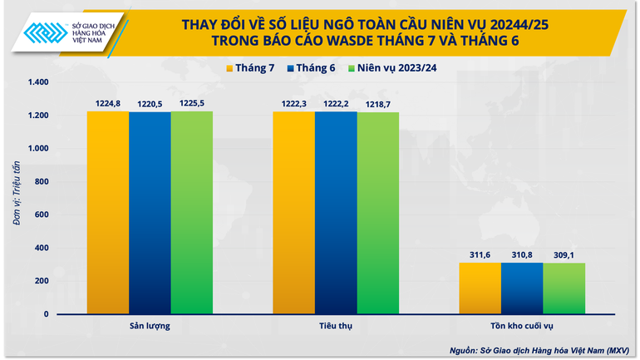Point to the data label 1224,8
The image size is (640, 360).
[x=107, y=103]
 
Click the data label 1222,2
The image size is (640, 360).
[x=336, y=103]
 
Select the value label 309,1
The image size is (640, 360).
[x=564, y=254]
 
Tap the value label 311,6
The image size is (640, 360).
[x=480, y=254]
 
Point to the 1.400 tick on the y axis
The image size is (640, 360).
[x=39, y=82]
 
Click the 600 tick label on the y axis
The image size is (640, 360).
[x=42, y=215]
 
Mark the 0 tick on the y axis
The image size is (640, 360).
[x=47, y=314]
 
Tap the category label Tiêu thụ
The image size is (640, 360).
[x=336, y=325]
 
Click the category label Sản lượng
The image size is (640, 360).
[x=150, y=325]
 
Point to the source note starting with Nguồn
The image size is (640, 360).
[x=549, y=349]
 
